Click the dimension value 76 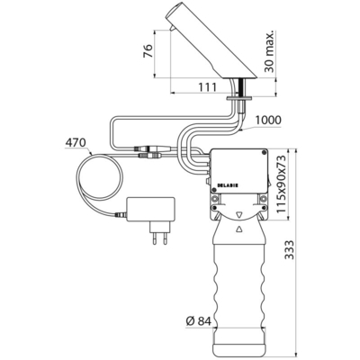[x=148, y=51]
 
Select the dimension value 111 [x=207, y=87]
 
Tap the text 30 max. [x=269, y=51]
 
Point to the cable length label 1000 [x=268, y=120]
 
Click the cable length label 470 [x=76, y=142]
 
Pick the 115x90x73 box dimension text [x=281, y=184]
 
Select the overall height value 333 [x=290, y=249]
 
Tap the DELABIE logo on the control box [x=227, y=185]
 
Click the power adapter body [x=151, y=209]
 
